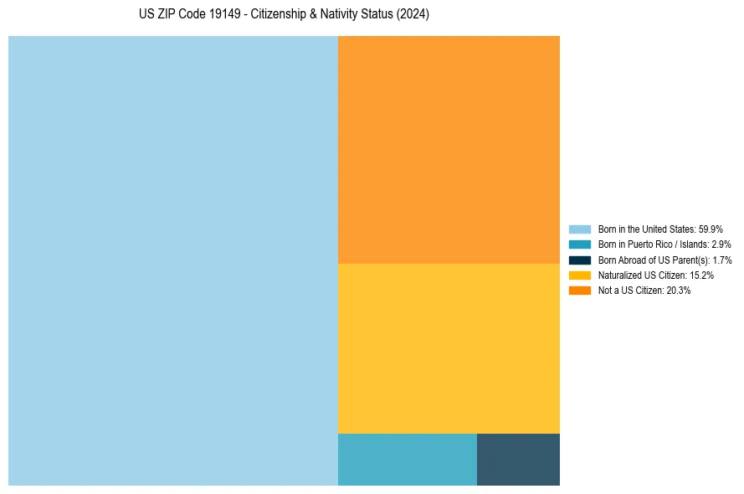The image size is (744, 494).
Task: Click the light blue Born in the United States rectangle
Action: click(x=172, y=260)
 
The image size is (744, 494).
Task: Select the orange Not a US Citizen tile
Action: click(x=449, y=149)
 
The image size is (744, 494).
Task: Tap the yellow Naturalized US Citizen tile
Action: click(x=449, y=348)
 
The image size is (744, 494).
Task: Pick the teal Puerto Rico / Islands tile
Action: click(x=407, y=459)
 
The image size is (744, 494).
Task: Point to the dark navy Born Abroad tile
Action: click(x=518, y=459)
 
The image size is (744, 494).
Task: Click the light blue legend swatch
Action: click(x=579, y=229)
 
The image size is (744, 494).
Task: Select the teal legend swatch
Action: click(x=579, y=244)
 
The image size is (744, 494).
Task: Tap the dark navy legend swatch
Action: click(x=579, y=260)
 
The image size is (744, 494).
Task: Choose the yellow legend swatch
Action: click(x=579, y=275)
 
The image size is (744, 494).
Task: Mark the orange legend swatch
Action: click(x=579, y=291)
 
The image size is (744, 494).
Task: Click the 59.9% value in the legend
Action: click(x=711, y=229)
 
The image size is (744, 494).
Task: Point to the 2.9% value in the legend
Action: click(x=721, y=244)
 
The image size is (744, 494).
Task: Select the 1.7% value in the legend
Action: click(x=722, y=260)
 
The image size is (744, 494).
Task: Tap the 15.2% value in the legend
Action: click(x=701, y=275)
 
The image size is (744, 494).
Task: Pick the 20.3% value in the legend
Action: click(x=678, y=291)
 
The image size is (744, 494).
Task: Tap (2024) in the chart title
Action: click(x=413, y=15)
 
